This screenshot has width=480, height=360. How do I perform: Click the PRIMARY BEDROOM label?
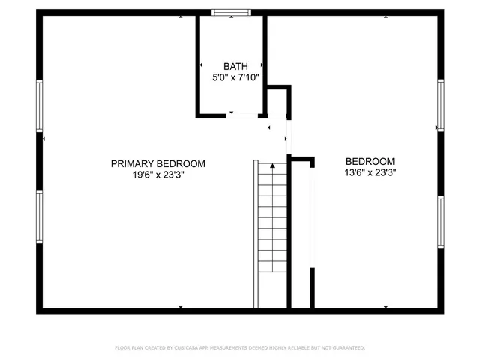click(157, 163)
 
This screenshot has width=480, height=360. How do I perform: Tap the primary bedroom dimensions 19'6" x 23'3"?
click(157, 175)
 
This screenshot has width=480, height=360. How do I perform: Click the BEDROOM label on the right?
click(370, 161)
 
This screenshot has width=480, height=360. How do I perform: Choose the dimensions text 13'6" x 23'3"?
click(370, 172)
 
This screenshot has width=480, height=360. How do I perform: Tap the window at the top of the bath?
click(231, 12)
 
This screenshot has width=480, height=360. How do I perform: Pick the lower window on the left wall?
click(39, 217)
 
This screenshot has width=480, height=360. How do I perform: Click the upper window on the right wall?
click(441, 104)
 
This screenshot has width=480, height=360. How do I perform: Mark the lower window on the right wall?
click(441, 221)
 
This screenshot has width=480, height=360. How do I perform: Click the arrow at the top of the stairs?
click(272, 165)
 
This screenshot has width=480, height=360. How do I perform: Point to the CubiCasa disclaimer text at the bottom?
click(239, 348)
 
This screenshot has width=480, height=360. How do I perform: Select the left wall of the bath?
click(199, 65)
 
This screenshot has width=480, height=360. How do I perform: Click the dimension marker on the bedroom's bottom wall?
click(385, 306)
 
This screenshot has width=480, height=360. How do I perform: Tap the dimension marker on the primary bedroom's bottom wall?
click(181, 306)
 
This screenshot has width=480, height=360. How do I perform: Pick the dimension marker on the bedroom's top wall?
click(385, 16)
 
